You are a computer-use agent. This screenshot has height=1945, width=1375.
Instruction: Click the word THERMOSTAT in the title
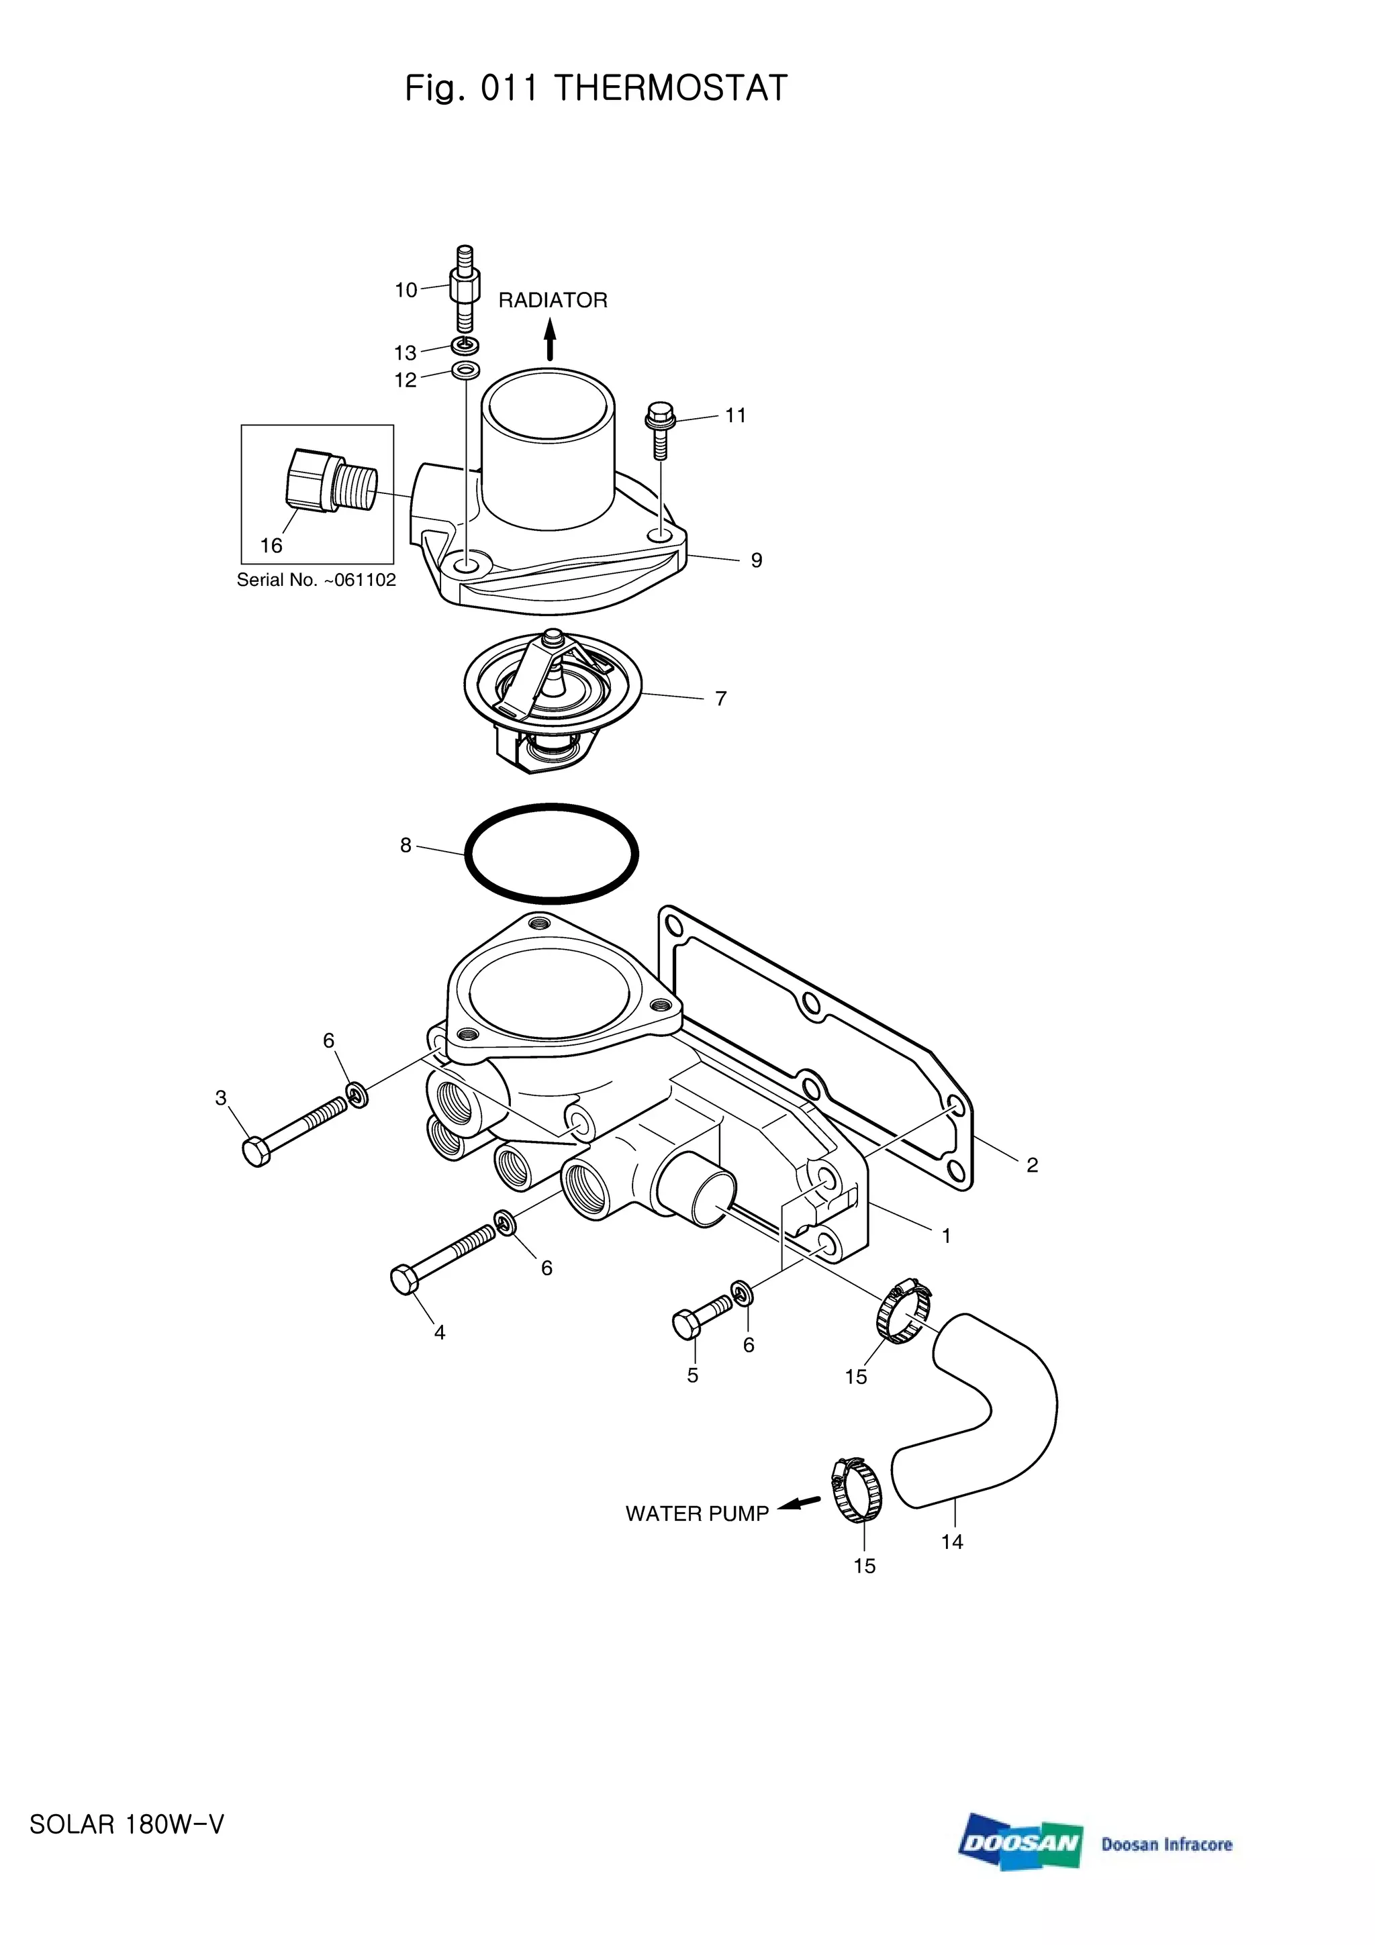click(670, 88)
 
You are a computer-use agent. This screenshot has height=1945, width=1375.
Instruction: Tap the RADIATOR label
click(553, 301)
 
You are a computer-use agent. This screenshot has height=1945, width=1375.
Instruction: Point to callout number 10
click(406, 291)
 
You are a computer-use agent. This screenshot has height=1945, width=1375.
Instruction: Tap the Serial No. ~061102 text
click(316, 581)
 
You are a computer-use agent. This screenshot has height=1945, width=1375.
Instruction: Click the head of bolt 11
click(657, 416)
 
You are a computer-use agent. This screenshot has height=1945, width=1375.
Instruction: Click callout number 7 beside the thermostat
click(721, 699)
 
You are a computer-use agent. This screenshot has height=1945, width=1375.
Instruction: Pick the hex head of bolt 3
click(256, 1153)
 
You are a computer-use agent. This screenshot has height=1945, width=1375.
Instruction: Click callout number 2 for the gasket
click(1032, 1166)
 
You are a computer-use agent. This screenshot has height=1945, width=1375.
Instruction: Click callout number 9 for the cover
click(757, 561)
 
